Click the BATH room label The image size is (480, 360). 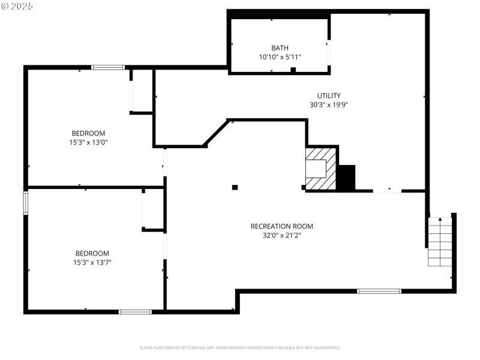(x=280, y=48)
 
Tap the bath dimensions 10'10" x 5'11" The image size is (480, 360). (x=280, y=57)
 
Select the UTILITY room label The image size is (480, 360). (x=329, y=95)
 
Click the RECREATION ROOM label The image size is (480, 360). (x=282, y=226)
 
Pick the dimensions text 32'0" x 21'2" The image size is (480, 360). (x=282, y=235)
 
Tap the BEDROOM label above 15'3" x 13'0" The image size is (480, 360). (x=88, y=133)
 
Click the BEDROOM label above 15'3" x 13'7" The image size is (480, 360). (x=92, y=253)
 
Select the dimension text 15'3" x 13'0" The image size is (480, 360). (x=88, y=142)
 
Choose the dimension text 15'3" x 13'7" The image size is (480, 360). (x=92, y=262)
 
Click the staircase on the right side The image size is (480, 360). (x=439, y=242)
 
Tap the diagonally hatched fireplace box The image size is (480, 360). (x=321, y=169)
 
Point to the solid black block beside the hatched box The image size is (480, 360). (x=346, y=178)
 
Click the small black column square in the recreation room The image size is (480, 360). (x=235, y=187)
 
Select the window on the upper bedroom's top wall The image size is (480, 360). (x=108, y=67)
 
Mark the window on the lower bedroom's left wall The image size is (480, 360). (x=26, y=203)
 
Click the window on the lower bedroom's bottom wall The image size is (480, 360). (x=135, y=311)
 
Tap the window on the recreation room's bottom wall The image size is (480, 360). (x=379, y=291)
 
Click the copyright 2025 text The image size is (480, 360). (x=17, y=6)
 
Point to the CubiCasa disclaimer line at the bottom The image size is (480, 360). (x=240, y=347)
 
